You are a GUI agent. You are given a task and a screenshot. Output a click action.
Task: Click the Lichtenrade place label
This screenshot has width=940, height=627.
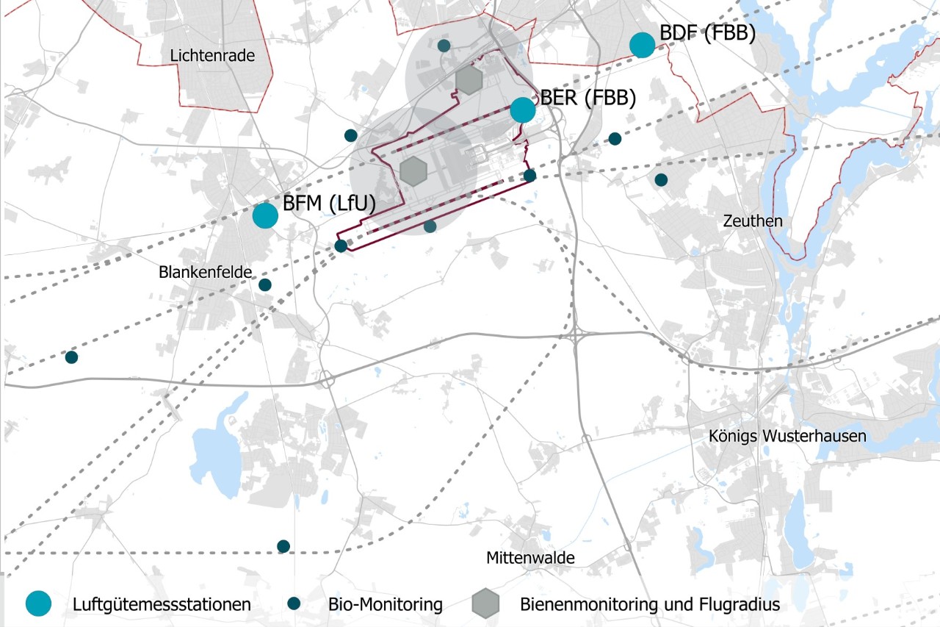212,55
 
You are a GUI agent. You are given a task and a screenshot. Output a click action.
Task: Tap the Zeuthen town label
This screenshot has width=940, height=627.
753,221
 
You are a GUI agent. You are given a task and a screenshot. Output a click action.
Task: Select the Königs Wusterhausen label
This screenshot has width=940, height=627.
787,436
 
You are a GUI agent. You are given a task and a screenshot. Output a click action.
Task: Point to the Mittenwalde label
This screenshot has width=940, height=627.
530,558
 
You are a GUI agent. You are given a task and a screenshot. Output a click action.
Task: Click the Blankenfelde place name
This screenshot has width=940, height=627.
205,272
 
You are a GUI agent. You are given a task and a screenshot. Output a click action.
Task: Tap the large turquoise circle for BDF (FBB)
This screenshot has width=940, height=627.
643,45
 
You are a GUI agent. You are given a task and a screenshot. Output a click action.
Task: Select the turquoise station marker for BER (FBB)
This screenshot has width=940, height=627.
523,110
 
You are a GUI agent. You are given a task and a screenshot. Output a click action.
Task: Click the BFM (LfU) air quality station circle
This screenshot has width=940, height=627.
265,215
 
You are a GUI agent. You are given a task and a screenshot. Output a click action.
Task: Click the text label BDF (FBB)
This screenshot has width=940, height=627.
707,34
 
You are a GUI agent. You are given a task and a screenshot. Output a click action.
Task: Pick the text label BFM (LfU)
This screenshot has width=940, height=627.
330,204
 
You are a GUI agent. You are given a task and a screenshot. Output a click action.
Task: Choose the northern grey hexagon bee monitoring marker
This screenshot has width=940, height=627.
468,79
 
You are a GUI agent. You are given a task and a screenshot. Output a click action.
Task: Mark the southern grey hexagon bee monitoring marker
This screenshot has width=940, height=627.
414,171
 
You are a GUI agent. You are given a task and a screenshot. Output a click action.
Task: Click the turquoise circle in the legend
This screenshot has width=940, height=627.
39,604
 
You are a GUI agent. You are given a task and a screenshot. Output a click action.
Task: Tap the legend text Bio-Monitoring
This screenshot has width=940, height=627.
386,605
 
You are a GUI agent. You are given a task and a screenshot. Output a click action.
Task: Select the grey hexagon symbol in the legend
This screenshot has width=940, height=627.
485,604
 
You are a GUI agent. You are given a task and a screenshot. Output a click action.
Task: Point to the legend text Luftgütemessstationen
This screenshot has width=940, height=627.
162,605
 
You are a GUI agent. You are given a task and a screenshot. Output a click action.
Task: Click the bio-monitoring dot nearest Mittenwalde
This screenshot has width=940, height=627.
283,546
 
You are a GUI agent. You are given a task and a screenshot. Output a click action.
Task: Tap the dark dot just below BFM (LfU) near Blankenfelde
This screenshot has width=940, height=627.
265,284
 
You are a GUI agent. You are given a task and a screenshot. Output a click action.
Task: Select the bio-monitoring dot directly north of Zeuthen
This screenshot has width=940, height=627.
661,179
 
